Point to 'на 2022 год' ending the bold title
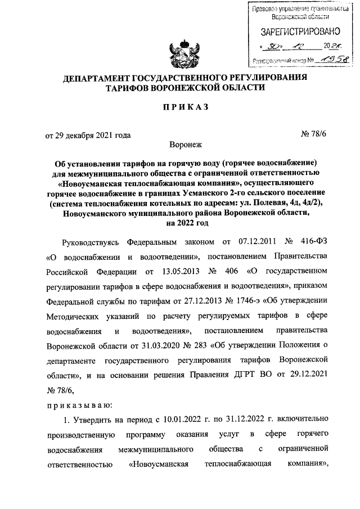[x=180, y=223]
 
